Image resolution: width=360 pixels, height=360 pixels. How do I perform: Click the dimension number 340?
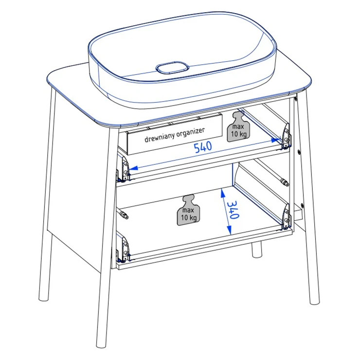[234, 210]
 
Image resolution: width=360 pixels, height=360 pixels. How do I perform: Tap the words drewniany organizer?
[175, 135]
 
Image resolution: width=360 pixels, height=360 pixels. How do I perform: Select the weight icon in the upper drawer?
[238, 127]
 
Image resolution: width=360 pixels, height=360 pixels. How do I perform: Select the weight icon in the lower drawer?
[188, 210]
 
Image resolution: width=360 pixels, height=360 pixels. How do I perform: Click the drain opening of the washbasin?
[172, 68]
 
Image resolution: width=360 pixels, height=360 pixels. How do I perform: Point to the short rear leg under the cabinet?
[257, 250]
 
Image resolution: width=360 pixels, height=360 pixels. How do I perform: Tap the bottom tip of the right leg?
[315, 303]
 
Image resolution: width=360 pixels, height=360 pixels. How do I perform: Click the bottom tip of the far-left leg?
[44, 299]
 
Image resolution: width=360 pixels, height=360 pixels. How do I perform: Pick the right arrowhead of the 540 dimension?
[277, 140]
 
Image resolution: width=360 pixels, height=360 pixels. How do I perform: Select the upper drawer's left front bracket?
[123, 168]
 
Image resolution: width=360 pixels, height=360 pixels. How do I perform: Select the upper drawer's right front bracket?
[286, 136]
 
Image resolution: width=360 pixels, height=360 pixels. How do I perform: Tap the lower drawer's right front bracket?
[287, 217]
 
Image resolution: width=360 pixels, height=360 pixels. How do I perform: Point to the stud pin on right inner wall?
[284, 182]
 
